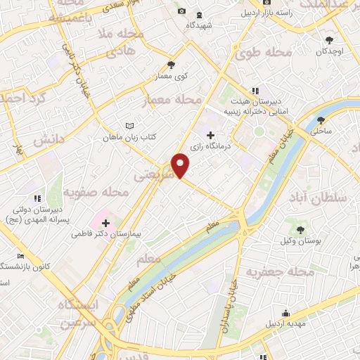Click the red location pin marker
(x=181, y=165)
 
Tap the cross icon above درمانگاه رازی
(x=210, y=134)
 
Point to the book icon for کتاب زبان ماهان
(x=129, y=125)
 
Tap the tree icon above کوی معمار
(x=172, y=65)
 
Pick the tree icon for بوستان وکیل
(x=301, y=230)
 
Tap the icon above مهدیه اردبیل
(x=285, y=313)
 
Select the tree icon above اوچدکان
(x=330, y=39)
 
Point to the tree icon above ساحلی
(x=321, y=120)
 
